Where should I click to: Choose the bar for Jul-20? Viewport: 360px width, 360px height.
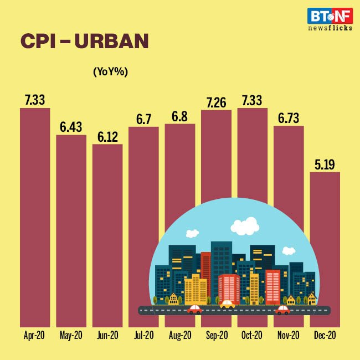[x=143, y=222]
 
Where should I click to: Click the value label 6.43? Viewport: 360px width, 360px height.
[x=71, y=127]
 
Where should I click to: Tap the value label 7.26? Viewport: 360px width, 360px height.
[x=216, y=102]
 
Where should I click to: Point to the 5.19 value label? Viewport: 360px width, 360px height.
[x=325, y=164]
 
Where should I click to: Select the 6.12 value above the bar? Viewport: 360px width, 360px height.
[x=107, y=136]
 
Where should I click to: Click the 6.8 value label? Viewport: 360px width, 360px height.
[x=179, y=116]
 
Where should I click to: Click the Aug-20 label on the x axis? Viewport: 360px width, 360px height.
[x=179, y=335]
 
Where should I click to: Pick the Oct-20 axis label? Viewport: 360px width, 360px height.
[x=252, y=335]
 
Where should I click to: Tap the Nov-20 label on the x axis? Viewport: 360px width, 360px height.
[x=289, y=335]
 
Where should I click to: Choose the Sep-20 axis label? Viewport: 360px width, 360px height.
[x=216, y=335]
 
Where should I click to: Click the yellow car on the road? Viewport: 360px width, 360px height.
[x=227, y=304]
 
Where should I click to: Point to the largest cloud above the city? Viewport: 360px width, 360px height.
[x=245, y=226]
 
